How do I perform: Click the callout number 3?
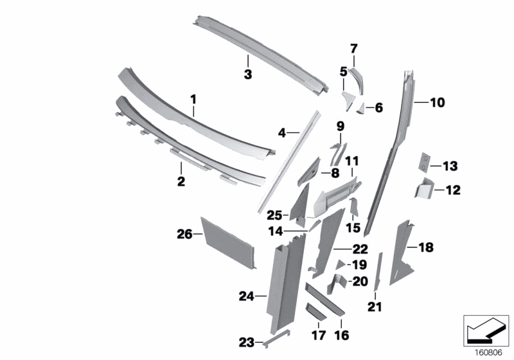click(x=247, y=75)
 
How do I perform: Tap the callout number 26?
click(x=184, y=235)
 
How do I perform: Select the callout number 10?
click(x=437, y=102)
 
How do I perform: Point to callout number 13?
click(x=449, y=166)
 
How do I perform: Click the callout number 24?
click(x=245, y=296)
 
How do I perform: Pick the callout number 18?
click(x=427, y=247)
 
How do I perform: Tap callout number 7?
click(x=353, y=48)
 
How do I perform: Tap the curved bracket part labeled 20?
click(x=339, y=283)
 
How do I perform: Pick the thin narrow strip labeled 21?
click(x=378, y=270)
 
